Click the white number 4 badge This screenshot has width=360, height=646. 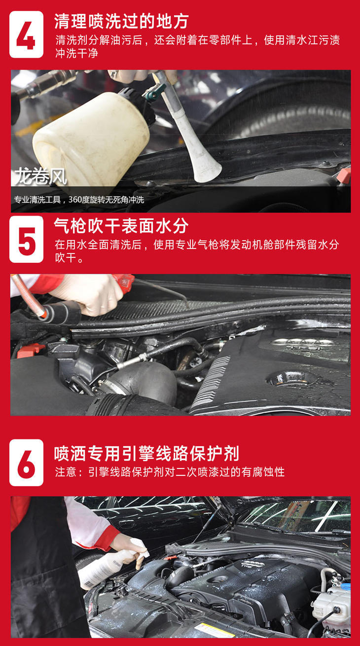tap(26, 35)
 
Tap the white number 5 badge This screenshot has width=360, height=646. tap(26, 239)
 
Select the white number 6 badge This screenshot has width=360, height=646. tap(26, 463)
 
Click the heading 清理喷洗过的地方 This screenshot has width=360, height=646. tap(121, 21)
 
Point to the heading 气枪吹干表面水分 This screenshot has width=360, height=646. tap(121, 225)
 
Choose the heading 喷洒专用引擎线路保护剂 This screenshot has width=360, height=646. tap(146, 454)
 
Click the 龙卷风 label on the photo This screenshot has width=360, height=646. tap(40, 176)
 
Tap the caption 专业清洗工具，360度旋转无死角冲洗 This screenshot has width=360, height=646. tap(79, 200)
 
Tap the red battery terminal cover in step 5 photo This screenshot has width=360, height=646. tap(30, 350)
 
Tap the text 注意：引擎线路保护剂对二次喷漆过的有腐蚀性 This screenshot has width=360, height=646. tap(170, 472)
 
